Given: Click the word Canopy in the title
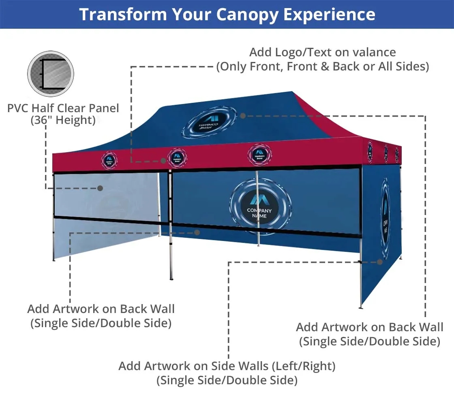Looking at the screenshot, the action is [x=248, y=15].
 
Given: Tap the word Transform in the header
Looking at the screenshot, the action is [x=122, y=15].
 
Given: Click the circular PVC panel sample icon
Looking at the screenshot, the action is [x=51, y=74].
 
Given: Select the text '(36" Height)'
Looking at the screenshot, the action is [x=63, y=120].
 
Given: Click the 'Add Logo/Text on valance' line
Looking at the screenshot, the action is [x=322, y=52].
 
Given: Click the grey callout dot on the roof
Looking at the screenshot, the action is [x=243, y=116].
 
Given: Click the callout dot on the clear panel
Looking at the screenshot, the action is [x=100, y=188].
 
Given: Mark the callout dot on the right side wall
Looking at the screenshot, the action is [x=380, y=262].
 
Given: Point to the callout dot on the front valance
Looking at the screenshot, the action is [x=163, y=161].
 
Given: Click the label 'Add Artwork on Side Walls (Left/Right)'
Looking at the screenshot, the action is [x=227, y=366].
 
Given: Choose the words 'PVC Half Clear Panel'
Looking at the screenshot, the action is [x=63, y=108].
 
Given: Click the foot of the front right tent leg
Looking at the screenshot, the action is [x=360, y=307].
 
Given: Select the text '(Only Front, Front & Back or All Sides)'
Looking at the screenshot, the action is [x=322, y=66].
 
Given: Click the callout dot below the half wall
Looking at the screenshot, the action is [x=197, y=232].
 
